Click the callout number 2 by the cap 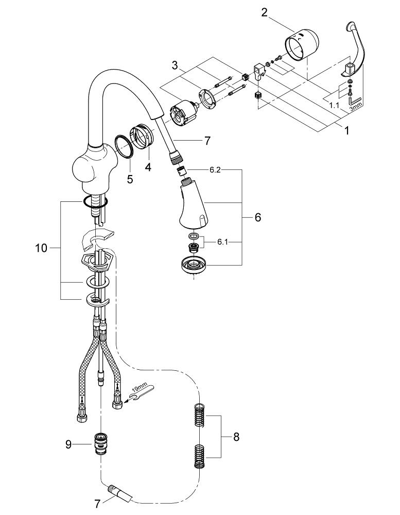[264, 12]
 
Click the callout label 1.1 [335, 105]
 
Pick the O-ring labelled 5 [124, 146]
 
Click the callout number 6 [257, 217]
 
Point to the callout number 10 [41, 248]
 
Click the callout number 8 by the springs [236, 437]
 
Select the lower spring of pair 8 [201, 455]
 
